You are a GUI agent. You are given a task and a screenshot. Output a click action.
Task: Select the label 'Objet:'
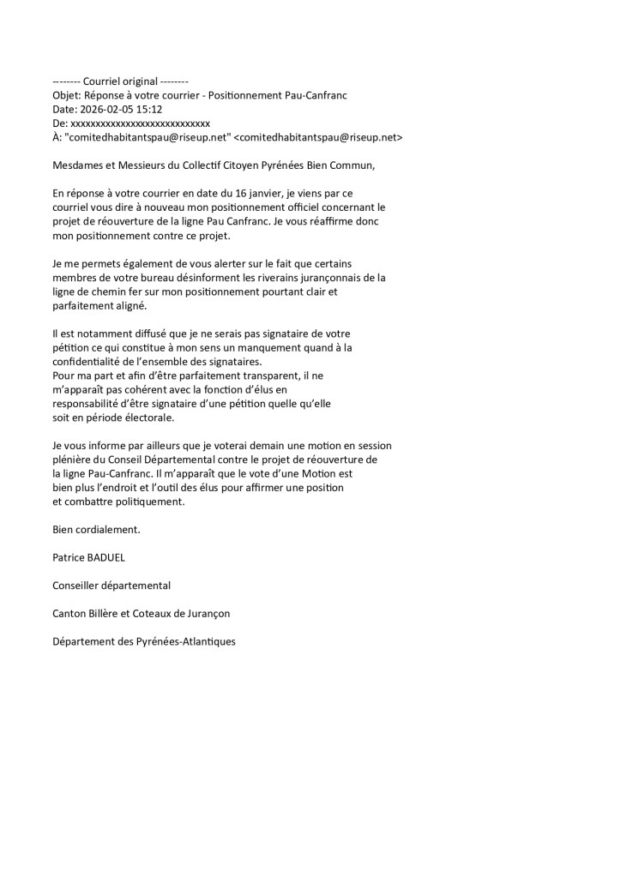coord(67,95)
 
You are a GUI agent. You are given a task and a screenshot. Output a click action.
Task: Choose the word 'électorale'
coord(147,417)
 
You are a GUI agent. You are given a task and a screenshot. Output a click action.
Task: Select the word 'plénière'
coord(72,460)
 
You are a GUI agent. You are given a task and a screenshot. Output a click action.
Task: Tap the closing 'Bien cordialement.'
coord(96,530)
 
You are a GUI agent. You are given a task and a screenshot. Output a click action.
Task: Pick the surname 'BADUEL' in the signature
coord(105,557)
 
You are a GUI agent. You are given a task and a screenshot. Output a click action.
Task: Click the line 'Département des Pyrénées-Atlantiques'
coord(143,641)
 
